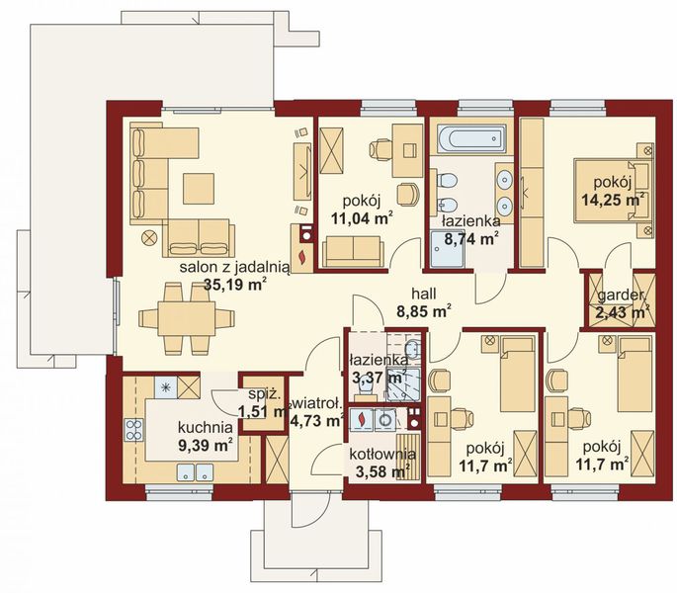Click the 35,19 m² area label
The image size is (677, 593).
click(234, 285)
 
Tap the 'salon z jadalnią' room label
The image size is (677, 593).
click(234, 268)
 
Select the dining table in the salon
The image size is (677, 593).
click(187, 319)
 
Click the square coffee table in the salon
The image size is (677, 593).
click(199, 189)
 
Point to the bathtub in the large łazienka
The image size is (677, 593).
click(470, 139)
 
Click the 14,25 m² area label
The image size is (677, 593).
click(614, 200)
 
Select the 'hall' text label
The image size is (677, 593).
click(424, 295)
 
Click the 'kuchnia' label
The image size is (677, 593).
click(206, 428)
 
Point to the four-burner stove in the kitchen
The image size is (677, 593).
click(133, 430)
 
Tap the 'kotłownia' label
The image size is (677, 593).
click(382, 455)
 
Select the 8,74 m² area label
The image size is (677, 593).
click(471, 238)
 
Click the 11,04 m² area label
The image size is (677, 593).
click(363, 218)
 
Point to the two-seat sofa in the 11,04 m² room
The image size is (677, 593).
click(353, 251)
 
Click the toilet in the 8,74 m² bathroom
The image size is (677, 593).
click(446, 180)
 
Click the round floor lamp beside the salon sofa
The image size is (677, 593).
click(150, 237)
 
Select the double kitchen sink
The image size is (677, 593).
click(195, 472)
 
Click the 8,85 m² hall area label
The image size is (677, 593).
click(424, 311)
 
